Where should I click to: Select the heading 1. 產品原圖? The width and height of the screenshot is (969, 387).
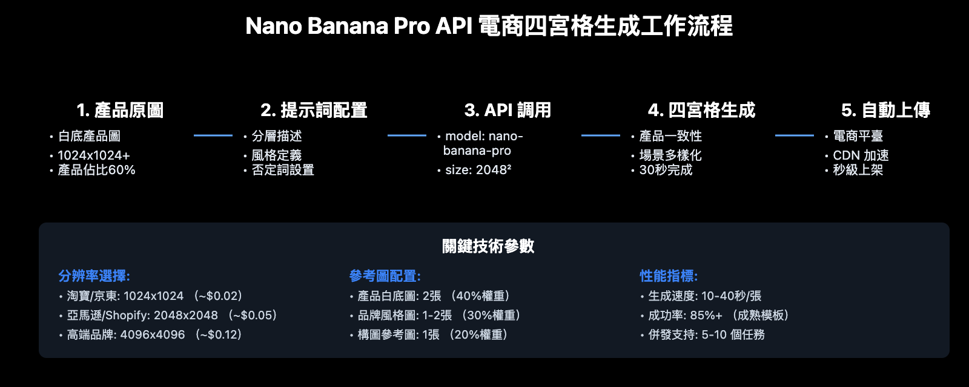pos(120,110)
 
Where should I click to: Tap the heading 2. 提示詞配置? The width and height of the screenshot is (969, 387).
pos(314,110)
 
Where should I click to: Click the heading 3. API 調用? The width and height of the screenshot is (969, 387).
pos(508,110)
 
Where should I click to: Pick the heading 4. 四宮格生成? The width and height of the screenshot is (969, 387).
pos(701,110)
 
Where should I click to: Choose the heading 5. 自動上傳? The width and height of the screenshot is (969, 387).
pos(885,110)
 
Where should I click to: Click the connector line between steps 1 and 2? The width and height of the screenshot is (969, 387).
pos(213,135)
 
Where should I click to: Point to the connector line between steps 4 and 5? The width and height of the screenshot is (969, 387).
pos(795,135)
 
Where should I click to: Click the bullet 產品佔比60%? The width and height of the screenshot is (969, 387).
pos(96,171)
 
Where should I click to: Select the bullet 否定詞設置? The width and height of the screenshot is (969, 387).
pos(283,171)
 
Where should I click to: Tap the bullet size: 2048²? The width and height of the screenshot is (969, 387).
pos(478,171)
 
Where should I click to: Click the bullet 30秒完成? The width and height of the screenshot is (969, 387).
pos(666,171)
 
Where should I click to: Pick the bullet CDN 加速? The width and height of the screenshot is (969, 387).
pos(861,155)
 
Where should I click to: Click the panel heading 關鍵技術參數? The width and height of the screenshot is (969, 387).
pos(488,246)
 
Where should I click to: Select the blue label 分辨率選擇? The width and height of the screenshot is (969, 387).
pos(94,276)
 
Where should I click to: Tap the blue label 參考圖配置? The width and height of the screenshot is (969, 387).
pos(385,276)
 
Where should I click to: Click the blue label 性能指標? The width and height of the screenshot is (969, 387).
pos(669,276)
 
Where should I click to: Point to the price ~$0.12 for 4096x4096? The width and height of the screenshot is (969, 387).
pos(220,334)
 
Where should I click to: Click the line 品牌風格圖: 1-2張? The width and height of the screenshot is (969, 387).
pos(405,315)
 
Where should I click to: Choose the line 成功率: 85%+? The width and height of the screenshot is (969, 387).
pos(685,315)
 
